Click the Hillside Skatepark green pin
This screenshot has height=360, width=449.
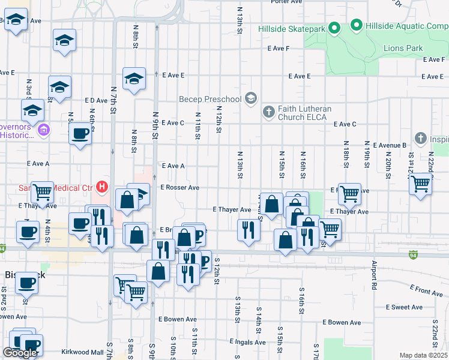pos(334,28)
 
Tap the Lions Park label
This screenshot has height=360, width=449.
pos(403,49)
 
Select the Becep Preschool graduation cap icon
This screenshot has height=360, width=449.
pos(251,99)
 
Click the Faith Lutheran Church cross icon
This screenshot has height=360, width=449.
pos(268,112)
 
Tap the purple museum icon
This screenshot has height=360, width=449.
pos(43,130)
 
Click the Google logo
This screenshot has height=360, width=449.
pos(20,353)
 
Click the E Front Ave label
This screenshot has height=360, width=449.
pos(427,292)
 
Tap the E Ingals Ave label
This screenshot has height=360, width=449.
pos(247,342)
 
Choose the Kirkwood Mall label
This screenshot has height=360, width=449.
pos(83,352)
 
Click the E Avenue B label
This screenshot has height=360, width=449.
pos(390,145)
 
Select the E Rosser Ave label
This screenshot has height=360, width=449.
pos(179,187)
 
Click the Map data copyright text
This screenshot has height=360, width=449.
pos(424,355)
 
